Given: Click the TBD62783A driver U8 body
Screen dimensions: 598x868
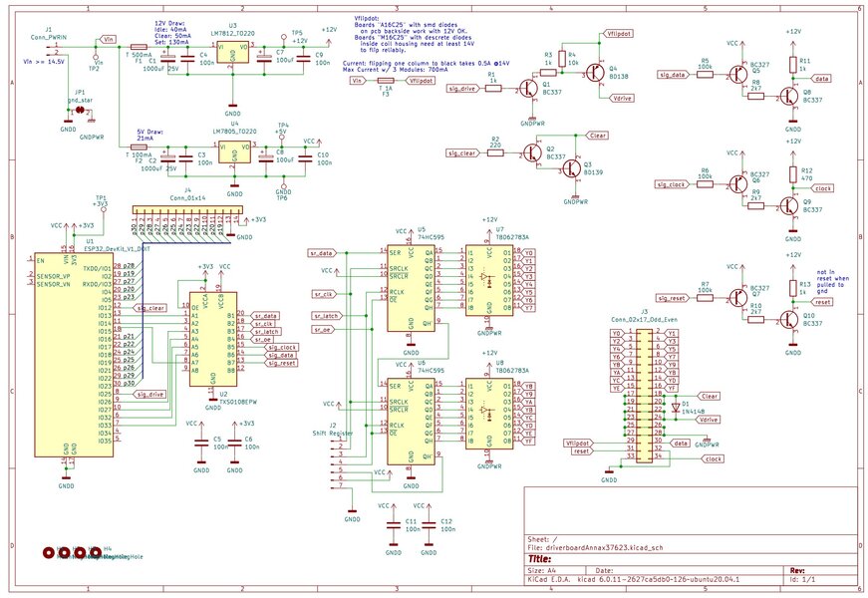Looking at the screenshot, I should pos(488,414).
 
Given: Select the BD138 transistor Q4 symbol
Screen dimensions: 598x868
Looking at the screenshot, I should pos(595,72).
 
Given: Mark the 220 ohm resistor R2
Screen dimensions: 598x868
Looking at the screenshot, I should pos(495,147).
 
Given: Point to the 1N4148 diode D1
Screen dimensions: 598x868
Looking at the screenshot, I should pos(675,407).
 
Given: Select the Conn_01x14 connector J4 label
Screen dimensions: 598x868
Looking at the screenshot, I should pos(181,199).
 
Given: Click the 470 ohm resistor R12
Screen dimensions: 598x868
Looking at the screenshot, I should pos(793,173).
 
